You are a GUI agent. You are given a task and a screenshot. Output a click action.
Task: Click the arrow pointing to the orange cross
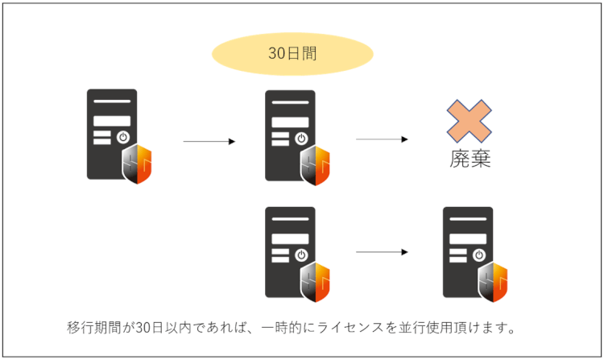(382, 139)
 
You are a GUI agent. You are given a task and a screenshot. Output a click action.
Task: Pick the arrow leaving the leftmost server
(209, 142)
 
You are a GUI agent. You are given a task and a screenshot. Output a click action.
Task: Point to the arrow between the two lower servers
(382, 252)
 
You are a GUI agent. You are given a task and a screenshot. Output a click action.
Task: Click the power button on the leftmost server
(122, 137)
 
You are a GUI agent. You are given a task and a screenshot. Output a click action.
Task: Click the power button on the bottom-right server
(479, 254)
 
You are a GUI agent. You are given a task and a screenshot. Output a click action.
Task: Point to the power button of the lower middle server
(301, 254)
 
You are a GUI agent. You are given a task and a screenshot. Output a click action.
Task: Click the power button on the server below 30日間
(301, 138)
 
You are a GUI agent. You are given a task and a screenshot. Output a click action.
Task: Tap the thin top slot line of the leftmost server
(112, 101)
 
